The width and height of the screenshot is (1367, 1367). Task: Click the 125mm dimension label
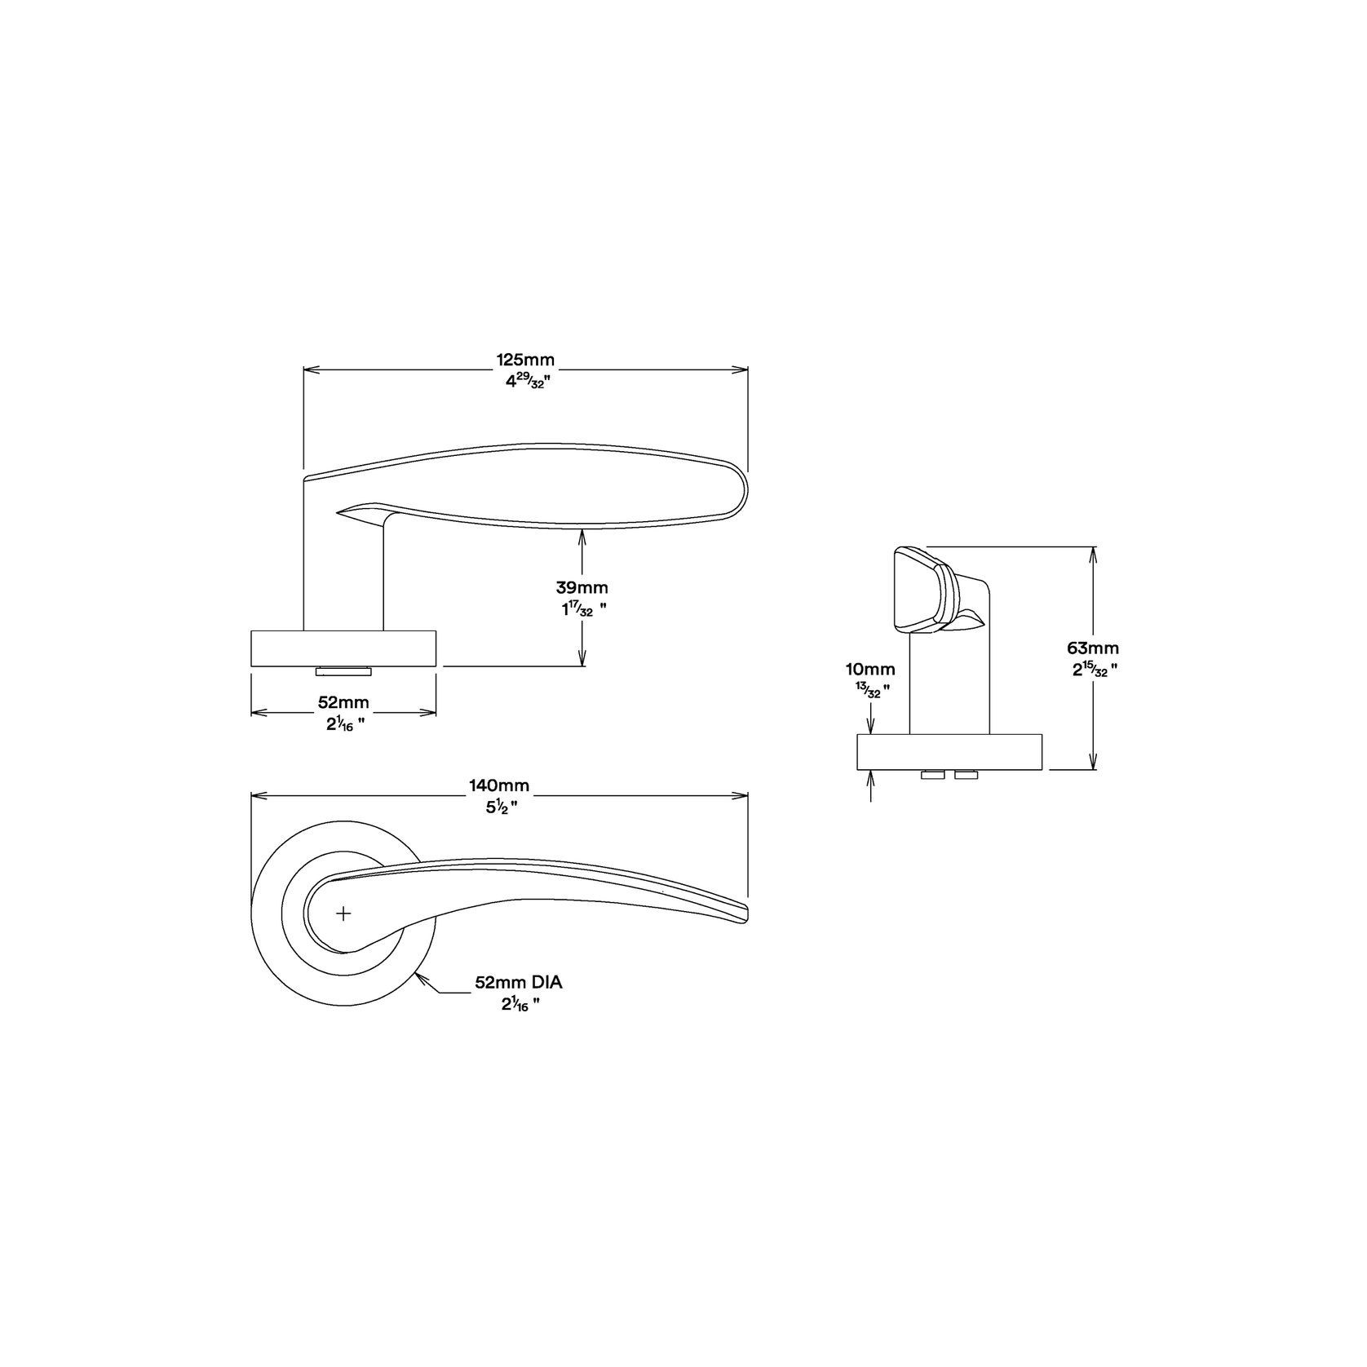pos(525,360)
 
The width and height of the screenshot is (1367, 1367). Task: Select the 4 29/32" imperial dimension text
pos(525,381)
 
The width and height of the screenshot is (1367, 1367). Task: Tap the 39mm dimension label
pos(582,587)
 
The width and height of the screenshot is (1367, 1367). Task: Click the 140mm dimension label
pos(498,785)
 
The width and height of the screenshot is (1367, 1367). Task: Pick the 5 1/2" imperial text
pos(498,807)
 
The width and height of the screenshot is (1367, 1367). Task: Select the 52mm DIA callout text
pos(519,984)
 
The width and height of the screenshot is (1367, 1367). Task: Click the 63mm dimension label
pos(1093,648)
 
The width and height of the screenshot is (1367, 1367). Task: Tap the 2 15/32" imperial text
pos(1093,670)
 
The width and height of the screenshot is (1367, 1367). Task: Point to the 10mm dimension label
pos(870,670)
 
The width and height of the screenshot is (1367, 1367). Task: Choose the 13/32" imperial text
pos(870,690)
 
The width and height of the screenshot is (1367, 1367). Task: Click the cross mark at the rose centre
pos(343,914)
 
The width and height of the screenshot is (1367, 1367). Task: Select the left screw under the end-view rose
pos(931,774)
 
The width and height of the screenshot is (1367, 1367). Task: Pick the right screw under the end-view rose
pos(966,774)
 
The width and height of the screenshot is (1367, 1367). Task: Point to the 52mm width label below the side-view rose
pos(343,702)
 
